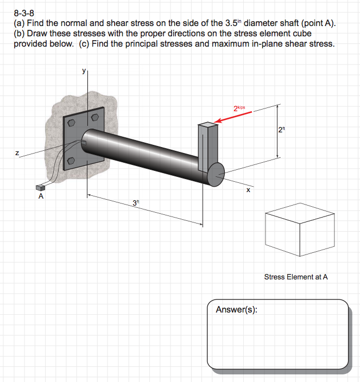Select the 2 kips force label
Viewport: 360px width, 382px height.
pos(239,108)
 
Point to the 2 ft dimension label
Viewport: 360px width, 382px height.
pos(280,130)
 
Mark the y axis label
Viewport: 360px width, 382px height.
pos(84,71)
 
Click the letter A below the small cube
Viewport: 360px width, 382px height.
pos(41,198)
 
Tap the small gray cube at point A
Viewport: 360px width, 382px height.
pos(40,187)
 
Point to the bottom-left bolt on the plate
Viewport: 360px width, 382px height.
pos(71,161)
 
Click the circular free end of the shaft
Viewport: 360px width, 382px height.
pos(216,174)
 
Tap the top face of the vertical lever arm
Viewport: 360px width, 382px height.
pos(209,125)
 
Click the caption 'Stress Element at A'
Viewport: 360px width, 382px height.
pos(296,277)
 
